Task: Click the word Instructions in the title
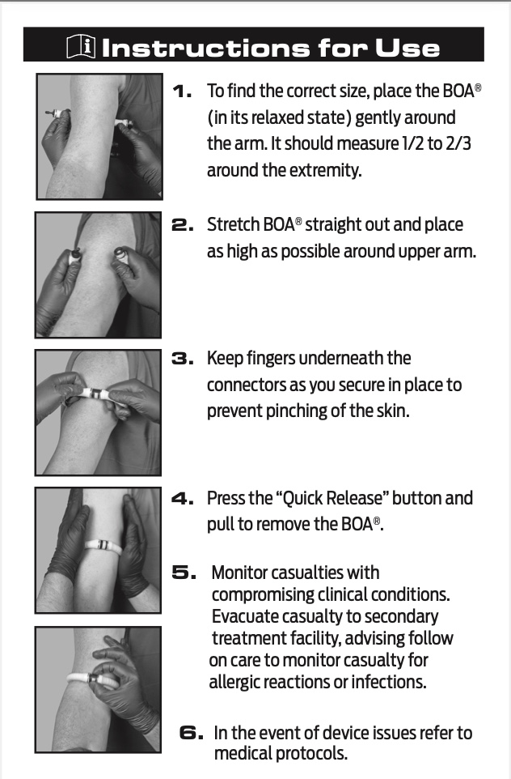point(204,47)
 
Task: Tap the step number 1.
point(183,92)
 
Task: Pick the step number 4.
point(183,498)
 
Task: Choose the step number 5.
point(184,573)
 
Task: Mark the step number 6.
point(191,733)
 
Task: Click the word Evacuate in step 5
point(244,616)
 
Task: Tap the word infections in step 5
point(385,682)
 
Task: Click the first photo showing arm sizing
point(98,136)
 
